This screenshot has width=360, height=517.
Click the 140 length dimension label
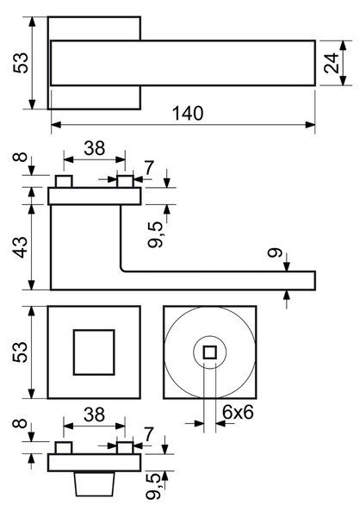point(188,113)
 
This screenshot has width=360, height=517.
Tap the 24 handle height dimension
point(332,63)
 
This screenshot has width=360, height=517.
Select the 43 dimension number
point(21,247)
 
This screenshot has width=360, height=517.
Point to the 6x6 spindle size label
point(238,412)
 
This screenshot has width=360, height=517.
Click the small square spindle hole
point(209,352)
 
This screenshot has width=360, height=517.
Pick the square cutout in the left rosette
point(94,352)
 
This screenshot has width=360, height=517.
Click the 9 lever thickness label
point(276,252)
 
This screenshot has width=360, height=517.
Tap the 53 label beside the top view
point(21,63)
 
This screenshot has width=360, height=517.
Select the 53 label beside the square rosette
point(21,352)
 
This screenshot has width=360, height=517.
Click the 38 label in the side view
point(95,148)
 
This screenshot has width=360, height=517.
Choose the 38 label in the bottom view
point(95,414)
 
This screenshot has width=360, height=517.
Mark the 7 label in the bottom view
point(149,434)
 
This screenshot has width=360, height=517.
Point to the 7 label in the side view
point(149,168)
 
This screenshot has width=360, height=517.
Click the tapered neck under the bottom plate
point(94,483)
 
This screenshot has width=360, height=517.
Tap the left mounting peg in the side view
point(64,182)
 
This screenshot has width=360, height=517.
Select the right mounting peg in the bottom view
point(125,448)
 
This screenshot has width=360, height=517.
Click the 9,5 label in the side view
point(155,234)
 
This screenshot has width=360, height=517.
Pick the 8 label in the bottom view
point(21,423)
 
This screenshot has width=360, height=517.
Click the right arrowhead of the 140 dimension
point(310,125)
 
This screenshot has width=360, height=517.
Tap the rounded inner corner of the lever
point(121,270)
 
